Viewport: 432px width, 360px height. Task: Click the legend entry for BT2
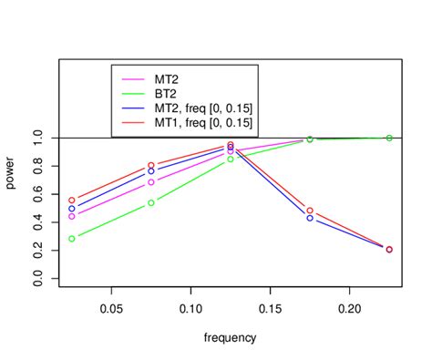pos(166,93)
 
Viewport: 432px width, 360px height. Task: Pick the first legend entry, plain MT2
pos(167,78)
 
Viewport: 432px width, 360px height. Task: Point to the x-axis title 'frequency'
pos(231,337)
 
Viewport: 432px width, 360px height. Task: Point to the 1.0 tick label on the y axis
pos(37,138)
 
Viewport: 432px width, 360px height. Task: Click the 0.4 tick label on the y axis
pos(37,223)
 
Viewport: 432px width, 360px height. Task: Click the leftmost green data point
pos(72,239)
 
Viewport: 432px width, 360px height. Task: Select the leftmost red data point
pos(72,200)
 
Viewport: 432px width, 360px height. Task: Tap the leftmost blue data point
pos(72,209)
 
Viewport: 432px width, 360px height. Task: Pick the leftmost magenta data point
pos(72,216)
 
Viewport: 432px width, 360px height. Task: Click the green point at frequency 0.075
pos(151,203)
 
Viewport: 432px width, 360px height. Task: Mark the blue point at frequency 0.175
pos(310,219)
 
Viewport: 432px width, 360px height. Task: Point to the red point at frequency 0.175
pos(310,211)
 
